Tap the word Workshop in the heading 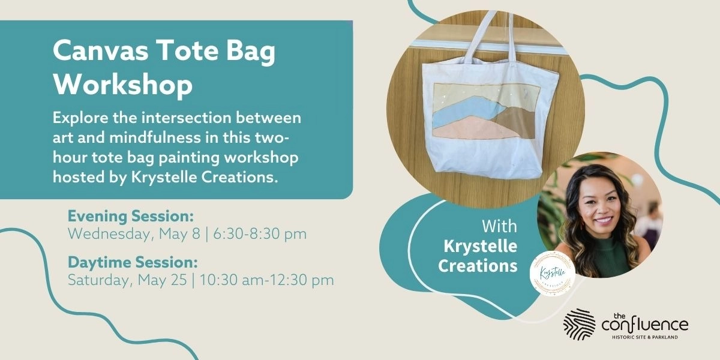pyautogui.click(x=122, y=85)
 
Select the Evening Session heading pyautogui.click(x=130, y=216)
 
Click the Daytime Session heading pyautogui.click(x=133, y=262)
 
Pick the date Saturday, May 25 pyautogui.click(x=128, y=280)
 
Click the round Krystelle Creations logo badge pyautogui.click(x=553, y=272)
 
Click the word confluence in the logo pyautogui.click(x=645, y=325)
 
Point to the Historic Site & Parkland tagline pyautogui.click(x=645, y=337)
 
